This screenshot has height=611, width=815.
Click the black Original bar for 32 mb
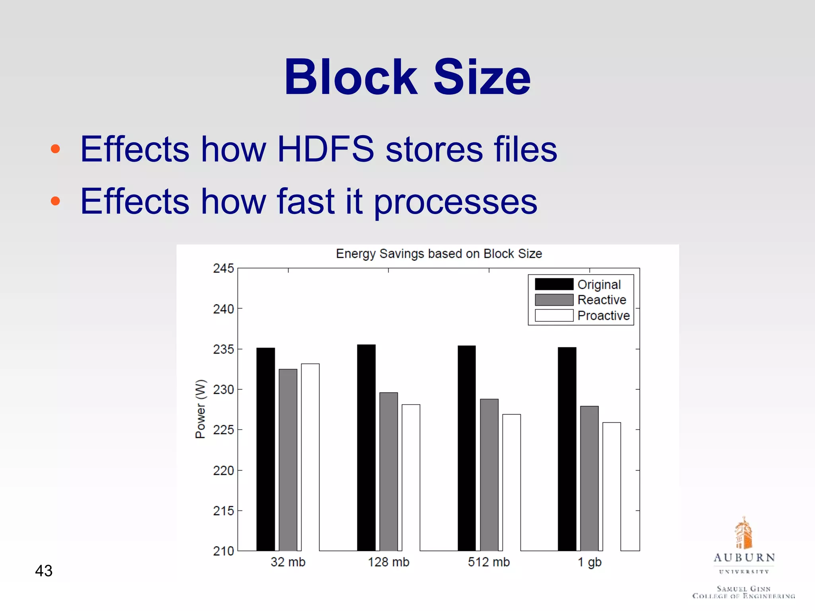(265, 449)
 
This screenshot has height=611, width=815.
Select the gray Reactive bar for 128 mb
(388, 472)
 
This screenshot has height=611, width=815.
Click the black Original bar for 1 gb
(567, 449)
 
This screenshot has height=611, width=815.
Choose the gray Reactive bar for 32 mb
(288, 460)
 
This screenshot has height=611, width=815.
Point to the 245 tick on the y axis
(223, 269)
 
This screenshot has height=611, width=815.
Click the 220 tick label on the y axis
(223, 471)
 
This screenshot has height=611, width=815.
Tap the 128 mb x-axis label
(388, 562)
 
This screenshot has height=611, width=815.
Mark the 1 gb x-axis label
(589, 562)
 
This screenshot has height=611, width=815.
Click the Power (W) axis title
(201, 409)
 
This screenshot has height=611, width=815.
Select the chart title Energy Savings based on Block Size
(439, 254)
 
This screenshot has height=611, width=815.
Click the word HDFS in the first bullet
(326, 149)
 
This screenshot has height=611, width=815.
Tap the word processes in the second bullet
(455, 202)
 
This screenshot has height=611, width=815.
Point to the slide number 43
(44, 571)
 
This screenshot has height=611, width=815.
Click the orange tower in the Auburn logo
(743, 533)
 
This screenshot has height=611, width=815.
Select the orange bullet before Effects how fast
(55, 201)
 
